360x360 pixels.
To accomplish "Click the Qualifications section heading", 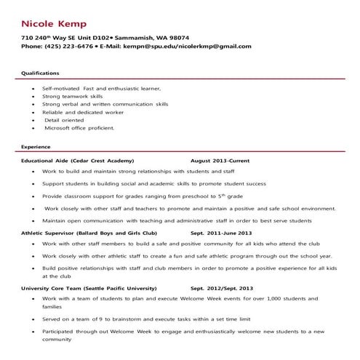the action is point(40,73).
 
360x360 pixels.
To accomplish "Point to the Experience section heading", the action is point(36,145).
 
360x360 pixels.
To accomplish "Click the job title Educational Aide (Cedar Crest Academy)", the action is point(77,159).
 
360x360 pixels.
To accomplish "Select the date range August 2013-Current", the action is point(219,159).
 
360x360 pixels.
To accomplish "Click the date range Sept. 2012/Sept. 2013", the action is point(221,289).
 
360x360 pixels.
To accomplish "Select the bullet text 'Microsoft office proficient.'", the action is point(79,127).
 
